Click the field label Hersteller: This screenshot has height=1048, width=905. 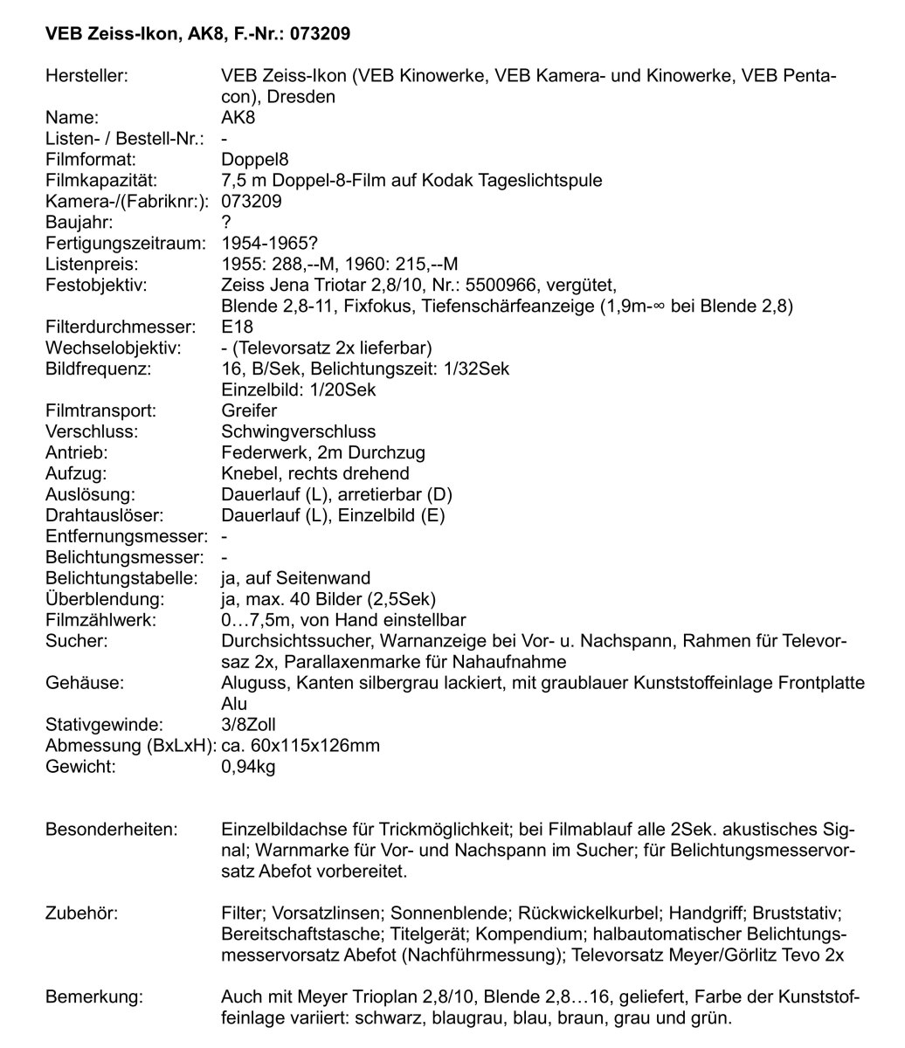tap(86, 76)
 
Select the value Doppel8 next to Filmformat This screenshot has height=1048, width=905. tap(255, 160)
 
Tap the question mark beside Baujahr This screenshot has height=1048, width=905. tap(227, 223)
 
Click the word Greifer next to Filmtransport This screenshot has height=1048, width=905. tap(250, 410)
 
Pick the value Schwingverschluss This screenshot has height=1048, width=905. tap(299, 431)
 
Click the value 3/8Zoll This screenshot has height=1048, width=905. tap(249, 724)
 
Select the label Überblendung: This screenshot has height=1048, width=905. tap(105, 598)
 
